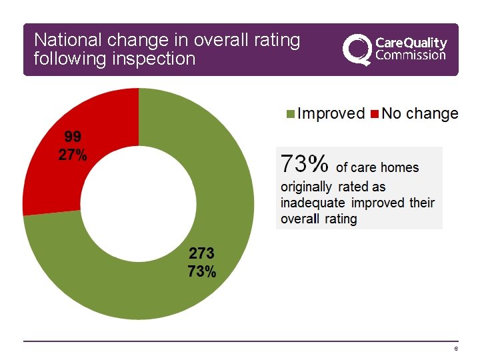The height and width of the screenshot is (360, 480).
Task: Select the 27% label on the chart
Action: [x=73, y=155]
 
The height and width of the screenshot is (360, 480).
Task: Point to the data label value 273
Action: [x=201, y=253]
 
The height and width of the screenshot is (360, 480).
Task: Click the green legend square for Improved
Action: [x=290, y=114]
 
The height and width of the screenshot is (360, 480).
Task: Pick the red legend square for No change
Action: [x=375, y=114]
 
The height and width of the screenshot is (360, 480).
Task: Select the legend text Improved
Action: [x=331, y=113]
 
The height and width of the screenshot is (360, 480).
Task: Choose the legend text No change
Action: [x=420, y=113]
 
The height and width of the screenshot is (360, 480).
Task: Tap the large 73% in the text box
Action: [x=305, y=163]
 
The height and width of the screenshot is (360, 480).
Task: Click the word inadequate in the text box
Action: [x=313, y=203]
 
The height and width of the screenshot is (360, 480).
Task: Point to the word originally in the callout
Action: [x=306, y=187]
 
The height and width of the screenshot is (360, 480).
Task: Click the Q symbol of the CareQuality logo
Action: [x=356, y=48]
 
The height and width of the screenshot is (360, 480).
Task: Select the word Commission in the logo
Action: [x=411, y=55]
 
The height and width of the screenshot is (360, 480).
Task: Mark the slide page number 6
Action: [x=455, y=350]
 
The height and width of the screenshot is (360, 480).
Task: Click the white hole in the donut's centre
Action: [x=138, y=203]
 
